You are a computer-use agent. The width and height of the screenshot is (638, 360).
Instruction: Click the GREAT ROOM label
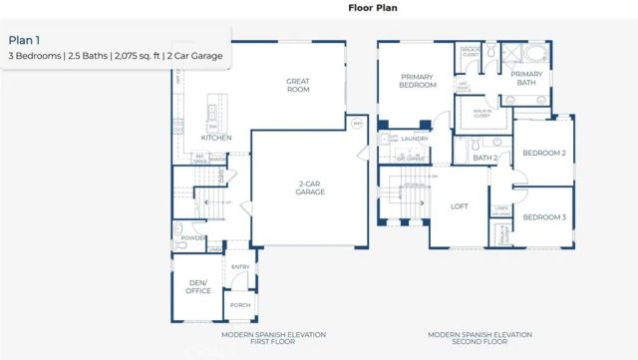point(298,86)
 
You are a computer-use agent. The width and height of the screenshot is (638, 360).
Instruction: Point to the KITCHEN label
point(217,138)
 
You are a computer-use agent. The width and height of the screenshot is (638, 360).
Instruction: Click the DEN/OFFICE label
point(199,286)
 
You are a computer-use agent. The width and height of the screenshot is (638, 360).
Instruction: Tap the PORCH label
point(240,305)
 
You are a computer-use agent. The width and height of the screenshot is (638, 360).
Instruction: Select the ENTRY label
point(241,267)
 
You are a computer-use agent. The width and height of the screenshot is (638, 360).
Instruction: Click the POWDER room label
point(193,238)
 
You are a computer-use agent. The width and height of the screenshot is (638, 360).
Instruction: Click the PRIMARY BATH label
point(526,79)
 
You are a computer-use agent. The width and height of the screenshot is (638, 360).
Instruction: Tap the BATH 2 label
point(485,158)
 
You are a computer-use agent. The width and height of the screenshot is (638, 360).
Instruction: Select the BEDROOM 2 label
point(544,153)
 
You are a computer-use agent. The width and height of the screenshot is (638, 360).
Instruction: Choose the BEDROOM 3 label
point(544,217)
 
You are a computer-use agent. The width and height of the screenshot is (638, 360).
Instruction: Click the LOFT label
point(460,206)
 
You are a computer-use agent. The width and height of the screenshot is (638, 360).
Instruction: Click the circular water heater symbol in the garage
point(359,125)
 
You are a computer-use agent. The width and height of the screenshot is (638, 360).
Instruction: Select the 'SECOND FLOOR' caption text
point(479,342)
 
